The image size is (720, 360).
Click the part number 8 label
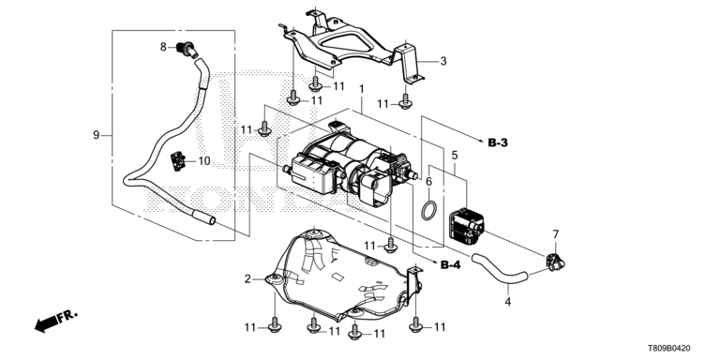point(163,47)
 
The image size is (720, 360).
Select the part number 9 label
point(96,135)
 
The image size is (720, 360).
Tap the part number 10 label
point(203,161)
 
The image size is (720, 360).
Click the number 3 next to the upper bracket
point(443,61)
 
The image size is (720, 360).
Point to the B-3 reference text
point(498,143)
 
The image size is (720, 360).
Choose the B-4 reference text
point(450,265)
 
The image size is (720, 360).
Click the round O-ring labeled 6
point(429,212)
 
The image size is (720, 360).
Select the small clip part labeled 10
point(177,161)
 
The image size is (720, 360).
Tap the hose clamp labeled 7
point(555,262)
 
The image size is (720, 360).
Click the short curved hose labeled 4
point(501,271)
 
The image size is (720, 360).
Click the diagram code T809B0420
point(668,349)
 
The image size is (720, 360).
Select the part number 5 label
point(455,156)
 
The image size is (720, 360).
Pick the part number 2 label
point(247,279)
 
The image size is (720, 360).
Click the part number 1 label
point(361,89)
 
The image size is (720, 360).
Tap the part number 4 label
point(507,302)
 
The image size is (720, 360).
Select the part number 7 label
point(556,234)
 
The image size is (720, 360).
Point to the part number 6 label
point(428,182)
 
